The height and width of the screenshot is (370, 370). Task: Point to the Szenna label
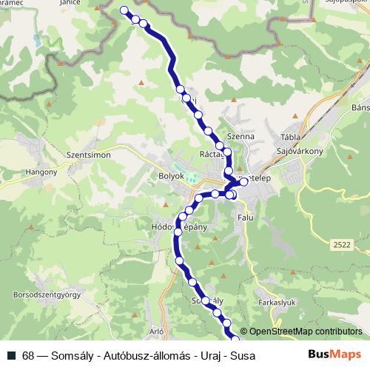click(x=241, y=137)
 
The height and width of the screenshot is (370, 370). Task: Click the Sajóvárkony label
click(x=299, y=151)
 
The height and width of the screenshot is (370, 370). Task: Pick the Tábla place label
click(x=289, y=137)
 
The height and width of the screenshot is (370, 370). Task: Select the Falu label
click(x=245, y=218)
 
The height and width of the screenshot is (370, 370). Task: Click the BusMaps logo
click(x=335, y=354)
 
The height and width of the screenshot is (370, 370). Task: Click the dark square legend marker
click(x=12, y=355)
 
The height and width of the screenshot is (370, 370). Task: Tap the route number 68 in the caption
click(x=28, y=355)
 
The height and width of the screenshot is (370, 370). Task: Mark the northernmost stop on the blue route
click(x=124, y=10)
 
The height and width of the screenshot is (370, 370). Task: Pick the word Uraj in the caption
click(x=209, y=355)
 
